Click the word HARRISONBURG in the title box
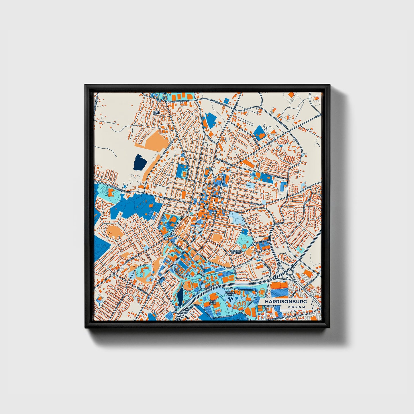pyautogui.click(x=286, y=302)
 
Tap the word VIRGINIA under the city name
pyautogui.click(x=297, y=307)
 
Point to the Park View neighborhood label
pyautogui.click(x=156, y=113)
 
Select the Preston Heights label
pyautogui.click(x=236, y=252)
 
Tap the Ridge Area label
pyautogui.click(x=213, y=302)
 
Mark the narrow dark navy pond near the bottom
pyautogui.click(x=180, y=296)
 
